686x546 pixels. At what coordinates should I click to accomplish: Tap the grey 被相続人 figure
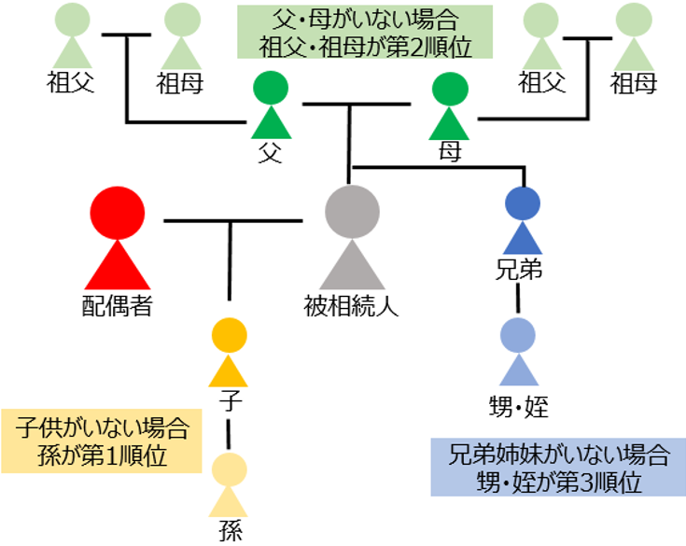352,239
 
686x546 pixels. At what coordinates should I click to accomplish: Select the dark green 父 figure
272,106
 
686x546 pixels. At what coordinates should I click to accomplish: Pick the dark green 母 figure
451,106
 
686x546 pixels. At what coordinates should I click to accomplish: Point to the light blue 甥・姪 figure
518,353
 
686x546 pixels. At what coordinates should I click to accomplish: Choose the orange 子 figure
229,353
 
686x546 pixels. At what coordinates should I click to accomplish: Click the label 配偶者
117,304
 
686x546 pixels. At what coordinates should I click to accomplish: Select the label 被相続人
352,304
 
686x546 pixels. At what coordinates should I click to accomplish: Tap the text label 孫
229,532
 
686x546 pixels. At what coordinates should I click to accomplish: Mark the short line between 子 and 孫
229,435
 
